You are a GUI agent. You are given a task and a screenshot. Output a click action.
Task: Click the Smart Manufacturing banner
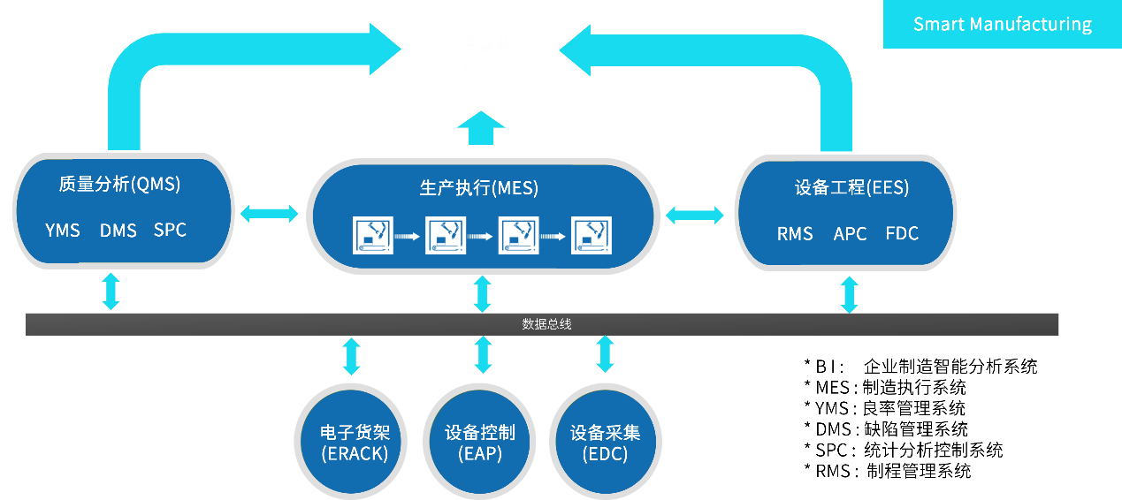point(1002,24)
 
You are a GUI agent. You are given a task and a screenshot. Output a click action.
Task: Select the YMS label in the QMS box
point(63,231)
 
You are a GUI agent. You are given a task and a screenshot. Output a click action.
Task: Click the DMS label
point(118,231)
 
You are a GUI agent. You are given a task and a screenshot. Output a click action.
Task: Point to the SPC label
point(170,230)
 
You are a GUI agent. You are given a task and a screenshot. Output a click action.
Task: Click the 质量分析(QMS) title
point(119,185)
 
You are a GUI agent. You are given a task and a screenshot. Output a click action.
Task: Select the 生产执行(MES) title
point(478,188)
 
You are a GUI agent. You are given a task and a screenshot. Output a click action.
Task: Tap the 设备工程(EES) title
point(851,188)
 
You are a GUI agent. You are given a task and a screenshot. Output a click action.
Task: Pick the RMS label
point(795,234)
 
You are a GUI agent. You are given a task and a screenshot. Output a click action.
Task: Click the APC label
point(850,234)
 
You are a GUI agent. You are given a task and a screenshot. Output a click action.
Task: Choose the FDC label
point(902,234)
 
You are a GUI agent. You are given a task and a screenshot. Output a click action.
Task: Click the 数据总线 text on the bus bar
point(546,324)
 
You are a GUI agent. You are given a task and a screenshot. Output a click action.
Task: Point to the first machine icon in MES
point(373,235)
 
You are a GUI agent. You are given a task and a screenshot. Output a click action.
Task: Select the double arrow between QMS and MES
point(270,213)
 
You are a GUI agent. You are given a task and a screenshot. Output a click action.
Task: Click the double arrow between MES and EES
point(695,215)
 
